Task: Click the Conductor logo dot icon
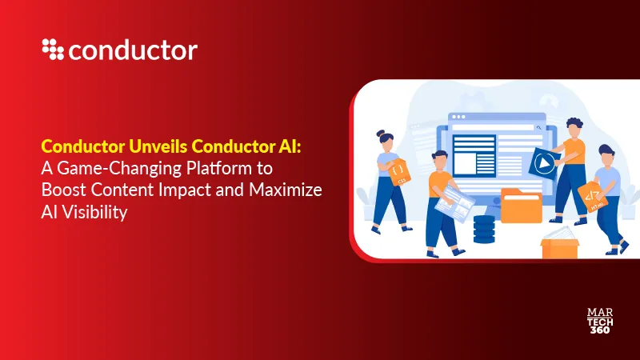[x=53, y=50]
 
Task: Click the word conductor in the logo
[x=133, y=50]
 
